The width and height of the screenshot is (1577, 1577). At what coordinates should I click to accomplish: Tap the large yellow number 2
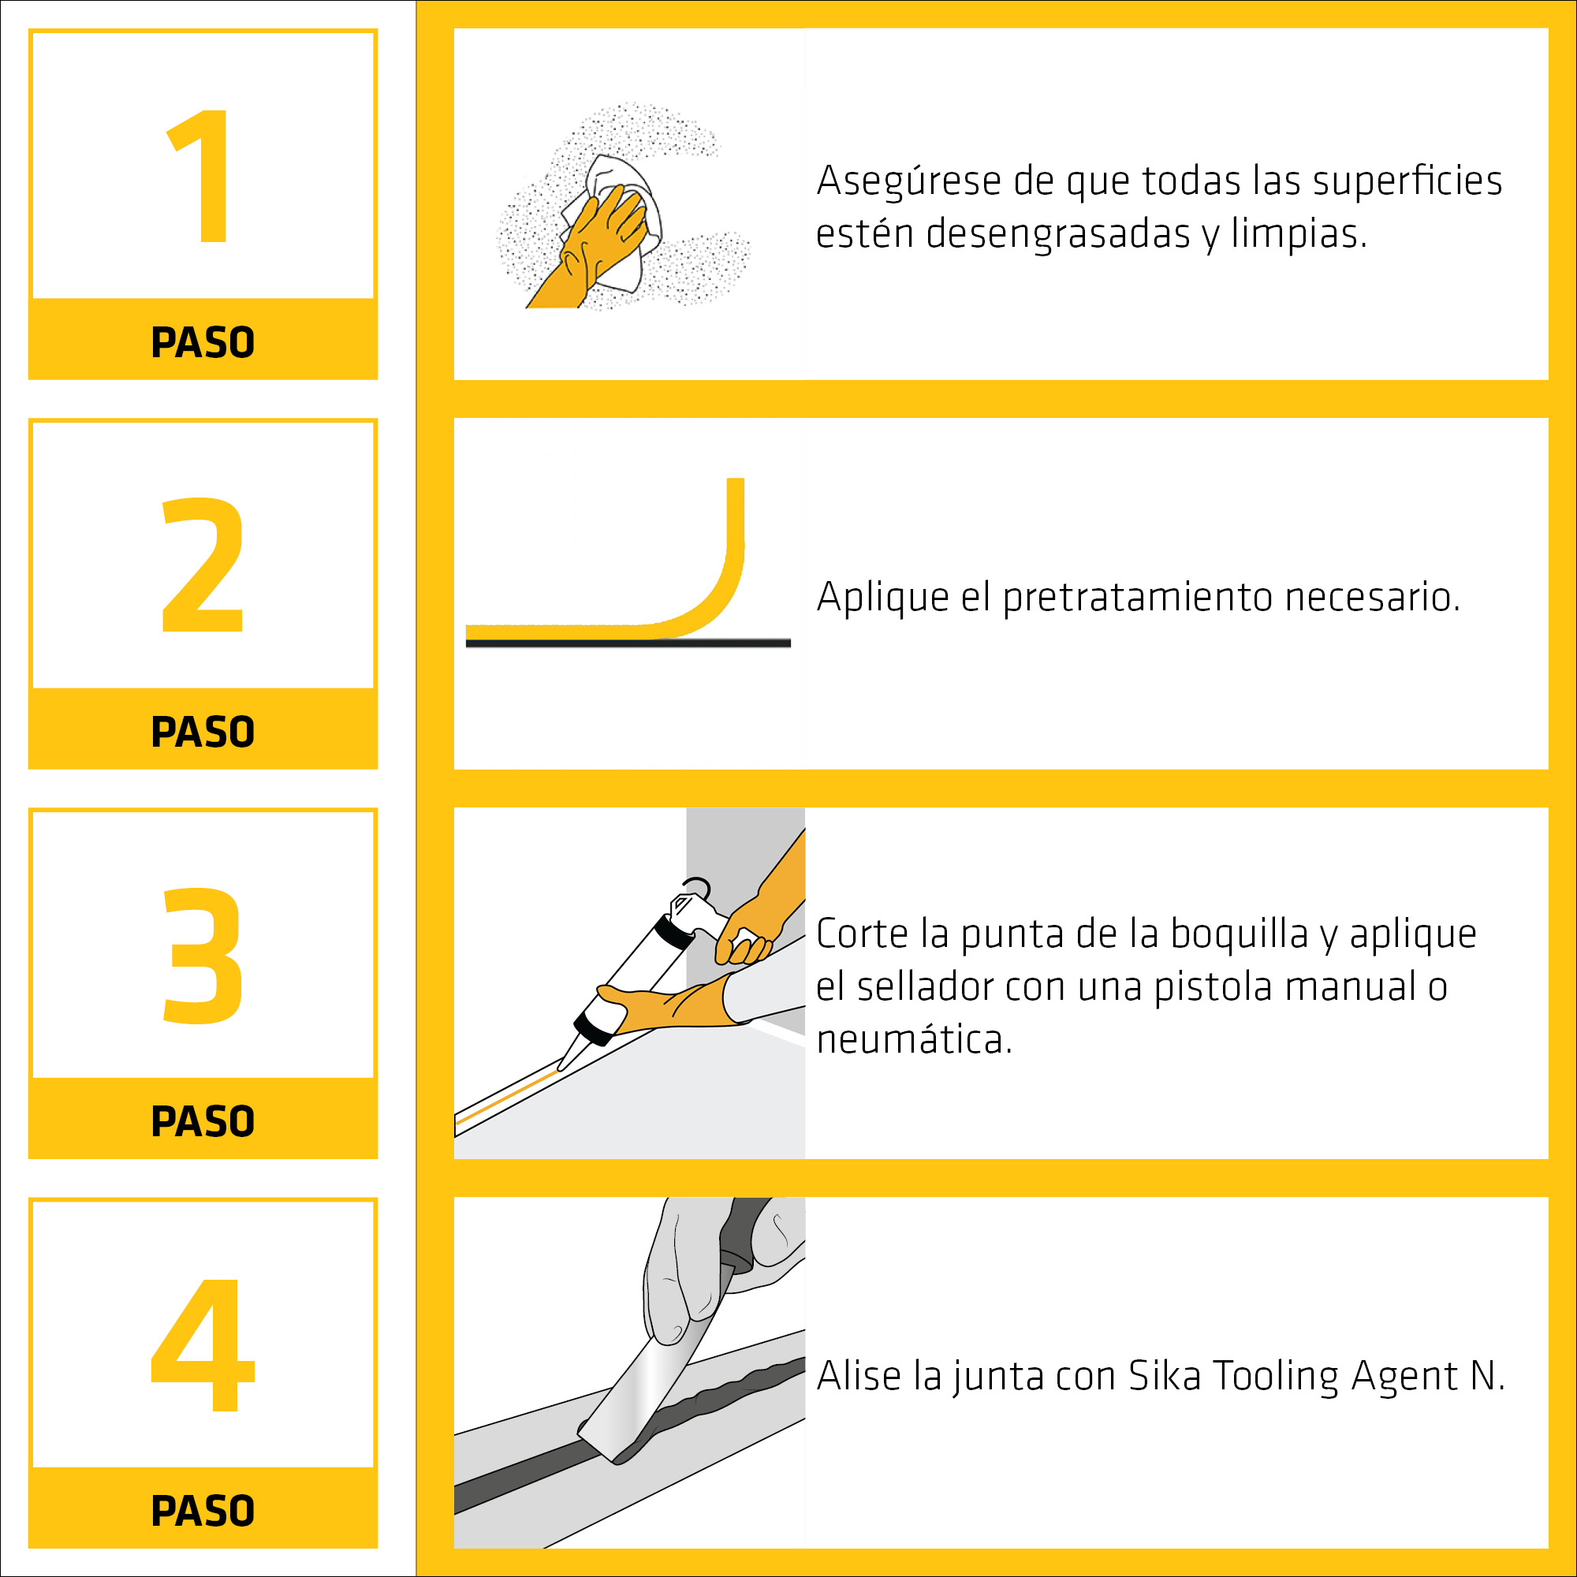tap(203, 564)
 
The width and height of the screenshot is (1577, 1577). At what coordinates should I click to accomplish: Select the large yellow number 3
tap(203, 955)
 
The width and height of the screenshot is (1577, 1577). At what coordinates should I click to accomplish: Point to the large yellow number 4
tap(203, 1344)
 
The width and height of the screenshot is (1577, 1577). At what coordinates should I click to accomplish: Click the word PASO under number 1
tap(203, 342)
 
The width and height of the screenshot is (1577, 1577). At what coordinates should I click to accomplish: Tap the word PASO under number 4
tap(203, 1511)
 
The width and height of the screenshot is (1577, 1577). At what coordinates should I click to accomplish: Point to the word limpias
tap(1299, 235)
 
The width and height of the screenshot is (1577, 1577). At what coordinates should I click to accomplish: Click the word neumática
tap(914, 1039)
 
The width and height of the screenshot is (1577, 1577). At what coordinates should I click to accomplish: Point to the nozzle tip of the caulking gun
tap(560, 1068)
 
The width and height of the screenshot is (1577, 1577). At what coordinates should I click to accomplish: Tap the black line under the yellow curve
tap(628, 643)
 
